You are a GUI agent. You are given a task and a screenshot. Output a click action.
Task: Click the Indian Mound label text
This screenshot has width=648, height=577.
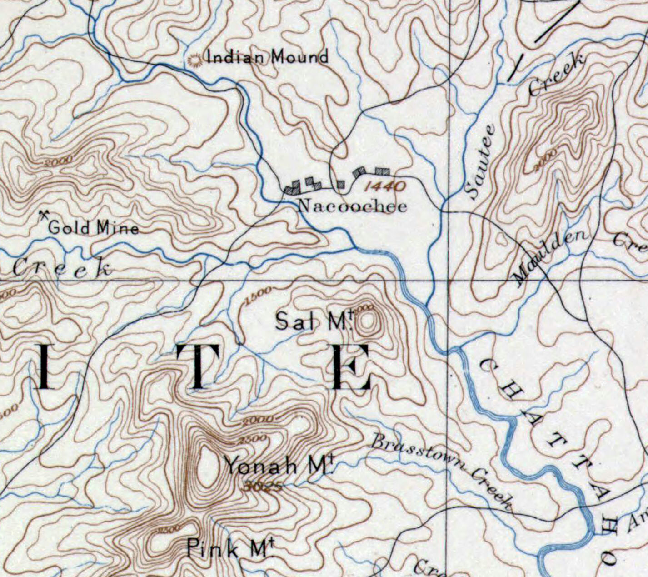coord(267,57)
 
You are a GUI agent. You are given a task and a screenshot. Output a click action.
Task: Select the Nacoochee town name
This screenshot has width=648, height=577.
coord(352,206)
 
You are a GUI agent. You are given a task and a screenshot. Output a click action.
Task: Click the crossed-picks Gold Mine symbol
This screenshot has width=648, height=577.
coord(44,214)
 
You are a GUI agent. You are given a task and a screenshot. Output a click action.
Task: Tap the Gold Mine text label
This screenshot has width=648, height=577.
coord(93,227)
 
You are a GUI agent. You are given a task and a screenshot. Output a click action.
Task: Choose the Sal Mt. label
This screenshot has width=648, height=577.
coord(314,321)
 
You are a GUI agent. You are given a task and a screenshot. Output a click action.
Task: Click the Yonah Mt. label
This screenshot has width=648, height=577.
coord(279,466)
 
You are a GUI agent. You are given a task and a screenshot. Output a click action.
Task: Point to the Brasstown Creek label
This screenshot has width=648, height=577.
coord(441,468)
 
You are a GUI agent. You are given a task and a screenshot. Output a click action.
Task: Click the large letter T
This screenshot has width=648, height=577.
coord(198,366)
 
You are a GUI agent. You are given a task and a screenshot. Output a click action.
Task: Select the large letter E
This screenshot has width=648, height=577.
coord(351,367)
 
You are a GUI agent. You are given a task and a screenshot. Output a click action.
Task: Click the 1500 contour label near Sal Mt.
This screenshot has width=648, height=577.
coord(258,295)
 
